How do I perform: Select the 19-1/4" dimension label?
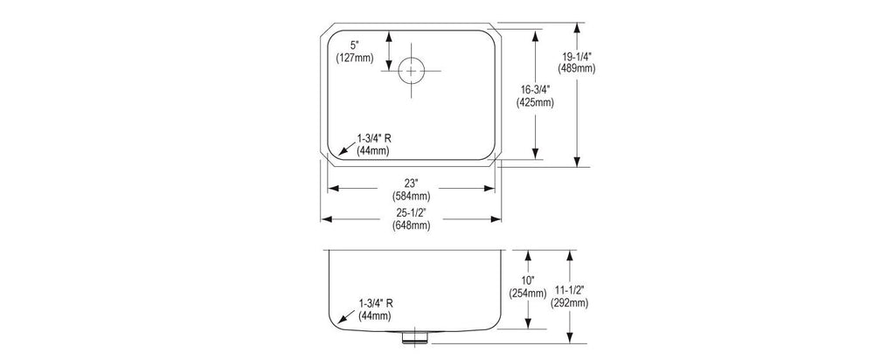click(x=577, y=57)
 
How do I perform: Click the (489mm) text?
click(x=577, y=68)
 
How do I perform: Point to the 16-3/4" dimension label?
click(x=535, y=91)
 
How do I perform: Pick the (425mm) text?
click(x=535, y=103)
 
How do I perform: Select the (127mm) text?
click(x=354, y=57)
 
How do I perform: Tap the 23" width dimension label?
click(x=411, y=183)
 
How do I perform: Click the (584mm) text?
click(x=411, y=196)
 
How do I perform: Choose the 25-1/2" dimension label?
click(x=411, y=212)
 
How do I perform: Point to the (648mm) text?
click(x=411, y=225)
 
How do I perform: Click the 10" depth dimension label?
click(x=527, y=280)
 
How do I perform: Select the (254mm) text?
click(x=528, y=294)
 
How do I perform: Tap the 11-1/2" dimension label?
click(x=570, y=291)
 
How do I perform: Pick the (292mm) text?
click(x=570, y=303)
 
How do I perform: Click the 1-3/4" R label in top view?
click(x=374, y=138)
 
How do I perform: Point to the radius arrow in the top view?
click(x=346, y=149)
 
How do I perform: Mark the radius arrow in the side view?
click(x=346, y=317)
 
